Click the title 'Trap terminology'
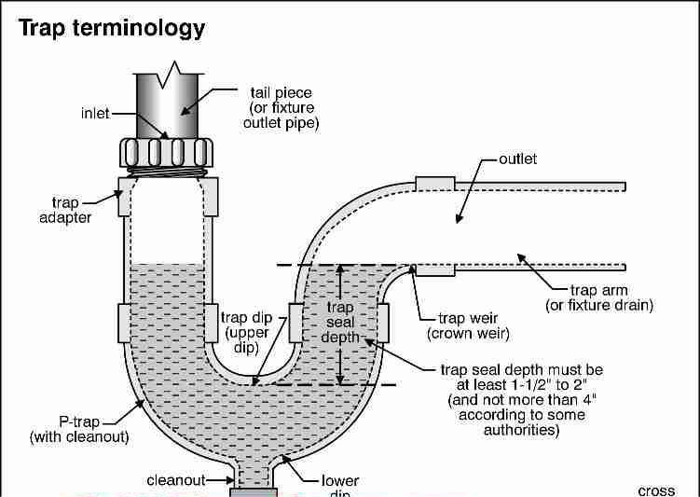pyautogui.click(x=112, y=28)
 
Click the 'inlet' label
pyautogui.click(x=93, y=114)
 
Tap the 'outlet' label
pyautogui.click(x=518, y=159)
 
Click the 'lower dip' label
pyautogui.click(x=340, y=484)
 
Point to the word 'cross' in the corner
pyautogui.click(x=656, y=490)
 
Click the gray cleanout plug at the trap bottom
pyautogui.click(x=254, y=490)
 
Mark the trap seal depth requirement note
pyautogui.click(x=521, y=400)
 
